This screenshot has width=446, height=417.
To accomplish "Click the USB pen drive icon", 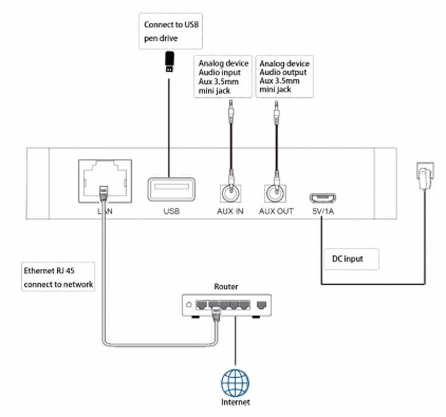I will (169, 61).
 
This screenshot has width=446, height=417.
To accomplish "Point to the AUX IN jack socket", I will (229, 192).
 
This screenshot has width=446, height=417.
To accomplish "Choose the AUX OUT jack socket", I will (275, 192).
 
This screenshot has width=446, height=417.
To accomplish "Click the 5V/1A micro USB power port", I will (321, 197).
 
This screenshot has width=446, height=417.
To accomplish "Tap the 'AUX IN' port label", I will (229, 212).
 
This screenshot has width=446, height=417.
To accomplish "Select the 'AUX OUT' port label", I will (276, 212).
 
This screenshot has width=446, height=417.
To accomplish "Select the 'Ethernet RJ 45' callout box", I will (58, 277).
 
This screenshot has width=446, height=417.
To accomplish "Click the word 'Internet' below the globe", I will (235, 402).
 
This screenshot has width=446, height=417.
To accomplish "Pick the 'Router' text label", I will (225, 286).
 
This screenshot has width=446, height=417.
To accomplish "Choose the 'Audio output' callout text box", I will (284, 76).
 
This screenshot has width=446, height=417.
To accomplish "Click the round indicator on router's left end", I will (189, 305).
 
